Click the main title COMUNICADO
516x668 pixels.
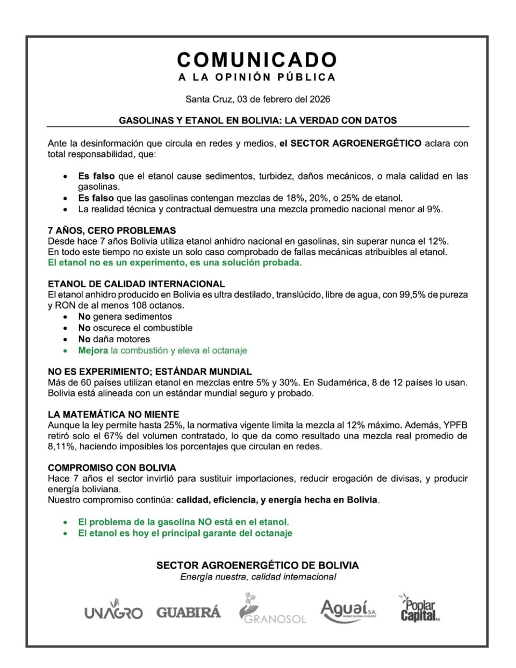click(257, 60)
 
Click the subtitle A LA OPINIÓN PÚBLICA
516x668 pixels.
click(257, 77)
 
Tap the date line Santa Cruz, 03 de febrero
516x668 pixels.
click(257, 99)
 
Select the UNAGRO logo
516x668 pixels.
click(113, 612)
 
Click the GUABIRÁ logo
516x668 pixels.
click(189, 612)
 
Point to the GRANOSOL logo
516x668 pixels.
click(272, 610)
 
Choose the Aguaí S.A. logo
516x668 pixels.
click(348, 610)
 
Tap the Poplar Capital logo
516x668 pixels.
click(420, 609)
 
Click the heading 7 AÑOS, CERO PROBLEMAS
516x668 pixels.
click(112, 231)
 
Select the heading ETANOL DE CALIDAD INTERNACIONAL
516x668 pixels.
click(137, 284)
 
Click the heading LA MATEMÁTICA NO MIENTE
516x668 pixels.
click(113, 414)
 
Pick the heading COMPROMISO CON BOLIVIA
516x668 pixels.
click(112, 468)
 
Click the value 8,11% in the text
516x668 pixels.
click(59, 447)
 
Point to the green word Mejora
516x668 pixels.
click(93, 350)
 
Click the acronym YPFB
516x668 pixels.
click(455, 425)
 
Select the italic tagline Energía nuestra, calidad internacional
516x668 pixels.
click(258, 577)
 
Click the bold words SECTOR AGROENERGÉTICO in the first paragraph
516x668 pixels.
click(355, 143)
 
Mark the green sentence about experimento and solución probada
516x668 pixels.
click(175, 263)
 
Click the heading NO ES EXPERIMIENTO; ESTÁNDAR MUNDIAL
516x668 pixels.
click(149, 371)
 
